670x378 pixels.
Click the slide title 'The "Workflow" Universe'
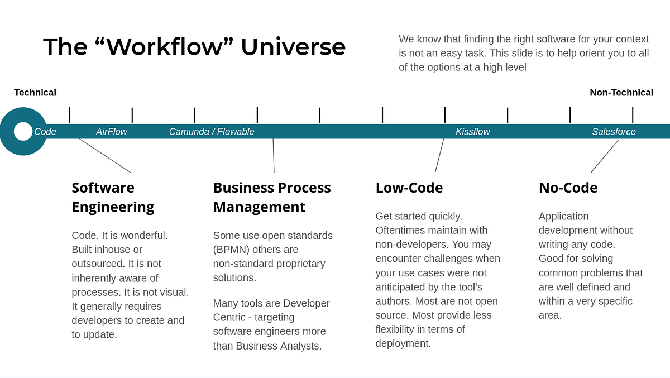click(x=194, y=47)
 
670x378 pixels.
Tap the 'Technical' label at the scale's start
click(x=35, y=93)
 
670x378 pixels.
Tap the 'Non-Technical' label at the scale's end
click(x=621, y=93)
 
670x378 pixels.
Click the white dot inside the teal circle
click(x=23, y=131)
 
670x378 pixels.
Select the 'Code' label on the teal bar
click(x=45, y=132)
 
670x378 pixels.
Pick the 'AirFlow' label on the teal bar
click(x=112, y=132)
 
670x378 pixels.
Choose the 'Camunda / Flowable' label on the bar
click(x=212, y=132)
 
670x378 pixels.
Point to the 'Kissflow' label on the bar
click(x=472, y=132)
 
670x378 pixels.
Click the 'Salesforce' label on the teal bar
click(x=614, y=132)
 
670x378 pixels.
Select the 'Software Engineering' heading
click(x=113, y=197)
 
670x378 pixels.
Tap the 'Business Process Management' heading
click(x=271, y=197)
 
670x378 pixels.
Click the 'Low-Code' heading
click(x=409, y=188)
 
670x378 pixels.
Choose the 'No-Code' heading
click(x=568, y=188)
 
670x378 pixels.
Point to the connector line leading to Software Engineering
click(x=105, y=156)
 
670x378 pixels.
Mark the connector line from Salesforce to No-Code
click(x=605, y=156)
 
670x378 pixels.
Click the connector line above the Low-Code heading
click(x=439, y=156)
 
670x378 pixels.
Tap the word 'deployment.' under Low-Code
click(x=403, y=343)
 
